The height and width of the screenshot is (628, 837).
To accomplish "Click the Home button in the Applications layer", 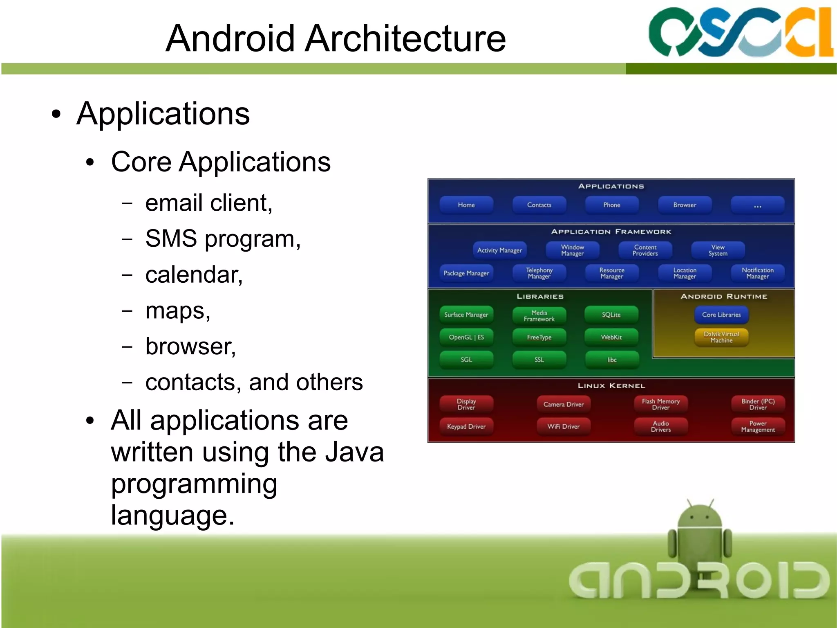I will (466, 205).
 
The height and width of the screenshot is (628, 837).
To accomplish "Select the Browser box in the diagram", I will (685, 205).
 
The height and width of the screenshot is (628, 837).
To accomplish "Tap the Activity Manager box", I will (499, 250).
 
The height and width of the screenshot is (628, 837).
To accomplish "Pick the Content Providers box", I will (645, 250).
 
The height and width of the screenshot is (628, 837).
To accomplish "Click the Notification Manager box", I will (757, 273).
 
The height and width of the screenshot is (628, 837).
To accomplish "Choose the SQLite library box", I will (611, 315).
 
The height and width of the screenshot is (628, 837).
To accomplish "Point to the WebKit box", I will (611, 337).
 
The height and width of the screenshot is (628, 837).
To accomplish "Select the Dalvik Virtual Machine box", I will (721, 338).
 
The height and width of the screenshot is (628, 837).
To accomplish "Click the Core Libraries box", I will (721, 315).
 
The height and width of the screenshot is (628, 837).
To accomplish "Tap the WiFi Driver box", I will (563, 426).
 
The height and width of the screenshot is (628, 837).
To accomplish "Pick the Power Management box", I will (758, 426).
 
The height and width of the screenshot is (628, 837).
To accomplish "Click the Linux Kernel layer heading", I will (611, 386).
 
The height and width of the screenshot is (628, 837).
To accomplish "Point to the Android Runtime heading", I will (723, 296).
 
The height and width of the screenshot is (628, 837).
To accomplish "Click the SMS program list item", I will (223, 239).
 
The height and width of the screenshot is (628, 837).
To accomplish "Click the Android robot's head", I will (700, 516).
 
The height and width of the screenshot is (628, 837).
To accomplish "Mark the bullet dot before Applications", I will (56, 115).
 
